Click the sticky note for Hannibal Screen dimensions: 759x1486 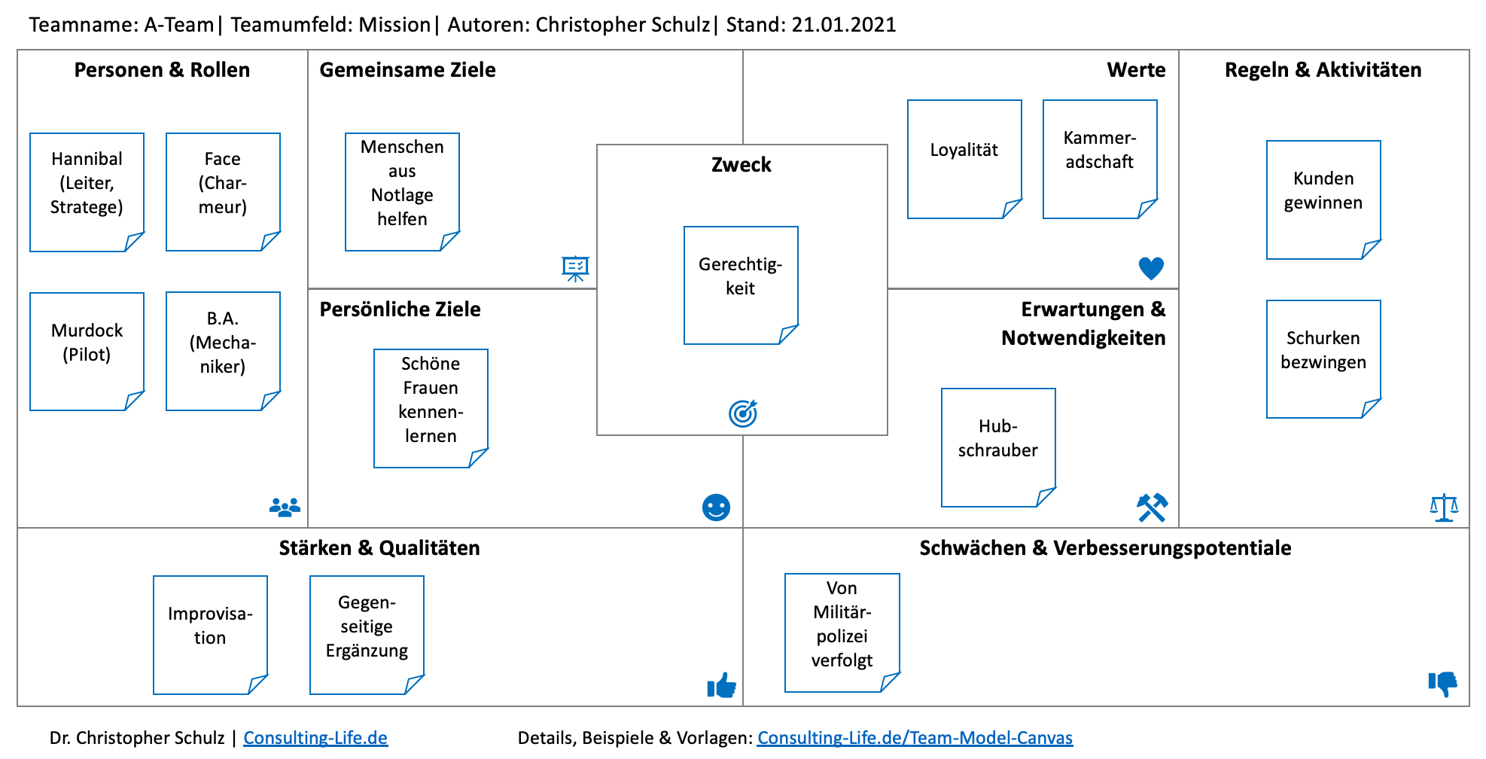[87, 191]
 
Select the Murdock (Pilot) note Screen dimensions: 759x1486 [87, 351]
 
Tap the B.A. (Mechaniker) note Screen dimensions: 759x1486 [223, 351]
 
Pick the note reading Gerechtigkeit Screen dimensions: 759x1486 [741, 285]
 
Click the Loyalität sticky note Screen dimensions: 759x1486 [964, 158]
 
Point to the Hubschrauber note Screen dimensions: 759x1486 [998, 447]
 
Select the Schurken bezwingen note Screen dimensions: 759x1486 [1323, 358]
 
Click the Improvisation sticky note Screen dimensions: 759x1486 [210, 634]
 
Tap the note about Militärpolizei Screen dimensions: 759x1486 [842, 632]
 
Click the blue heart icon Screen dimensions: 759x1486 [1151, 268]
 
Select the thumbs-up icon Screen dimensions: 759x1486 [722, 685]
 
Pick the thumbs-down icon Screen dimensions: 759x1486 [1443, 684]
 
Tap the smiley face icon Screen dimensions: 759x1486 [716, 508]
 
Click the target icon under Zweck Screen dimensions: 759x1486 [743, 413]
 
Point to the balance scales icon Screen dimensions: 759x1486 [1444, 508]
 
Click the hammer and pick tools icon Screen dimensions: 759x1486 [1152, 508]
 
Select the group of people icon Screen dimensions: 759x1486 [285, 508]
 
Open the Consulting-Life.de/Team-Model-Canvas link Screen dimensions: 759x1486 [915, 738]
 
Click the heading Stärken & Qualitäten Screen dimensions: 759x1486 [379, 548]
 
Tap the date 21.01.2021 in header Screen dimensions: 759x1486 [844, 25]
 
